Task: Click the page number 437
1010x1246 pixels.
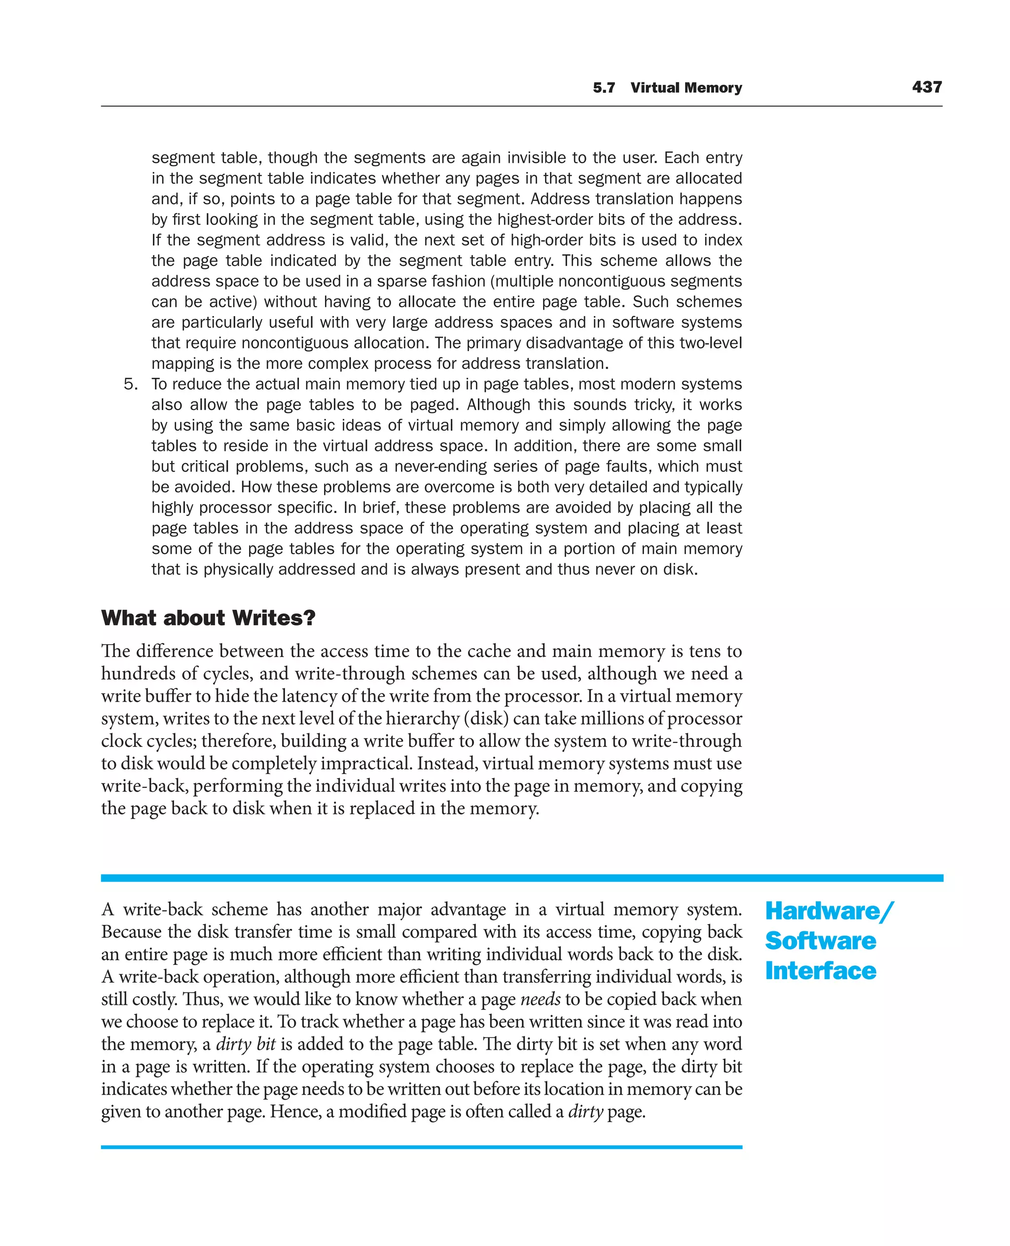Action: tap(926, 87)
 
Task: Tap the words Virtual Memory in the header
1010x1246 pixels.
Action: tap(686, 88)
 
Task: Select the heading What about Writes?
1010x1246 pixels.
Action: tap(208, 618)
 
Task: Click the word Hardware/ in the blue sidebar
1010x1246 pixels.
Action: tap(829, 912)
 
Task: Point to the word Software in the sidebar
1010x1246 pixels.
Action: tap(820, 941)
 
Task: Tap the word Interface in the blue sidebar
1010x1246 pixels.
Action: tap(820, 971)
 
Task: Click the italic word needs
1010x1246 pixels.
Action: tap(540, 999)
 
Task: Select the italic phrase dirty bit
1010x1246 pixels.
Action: tap(246, 1044)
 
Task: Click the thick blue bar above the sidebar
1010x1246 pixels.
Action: tap(521, 878)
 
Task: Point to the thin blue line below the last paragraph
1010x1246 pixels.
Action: tap(421, 1147)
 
